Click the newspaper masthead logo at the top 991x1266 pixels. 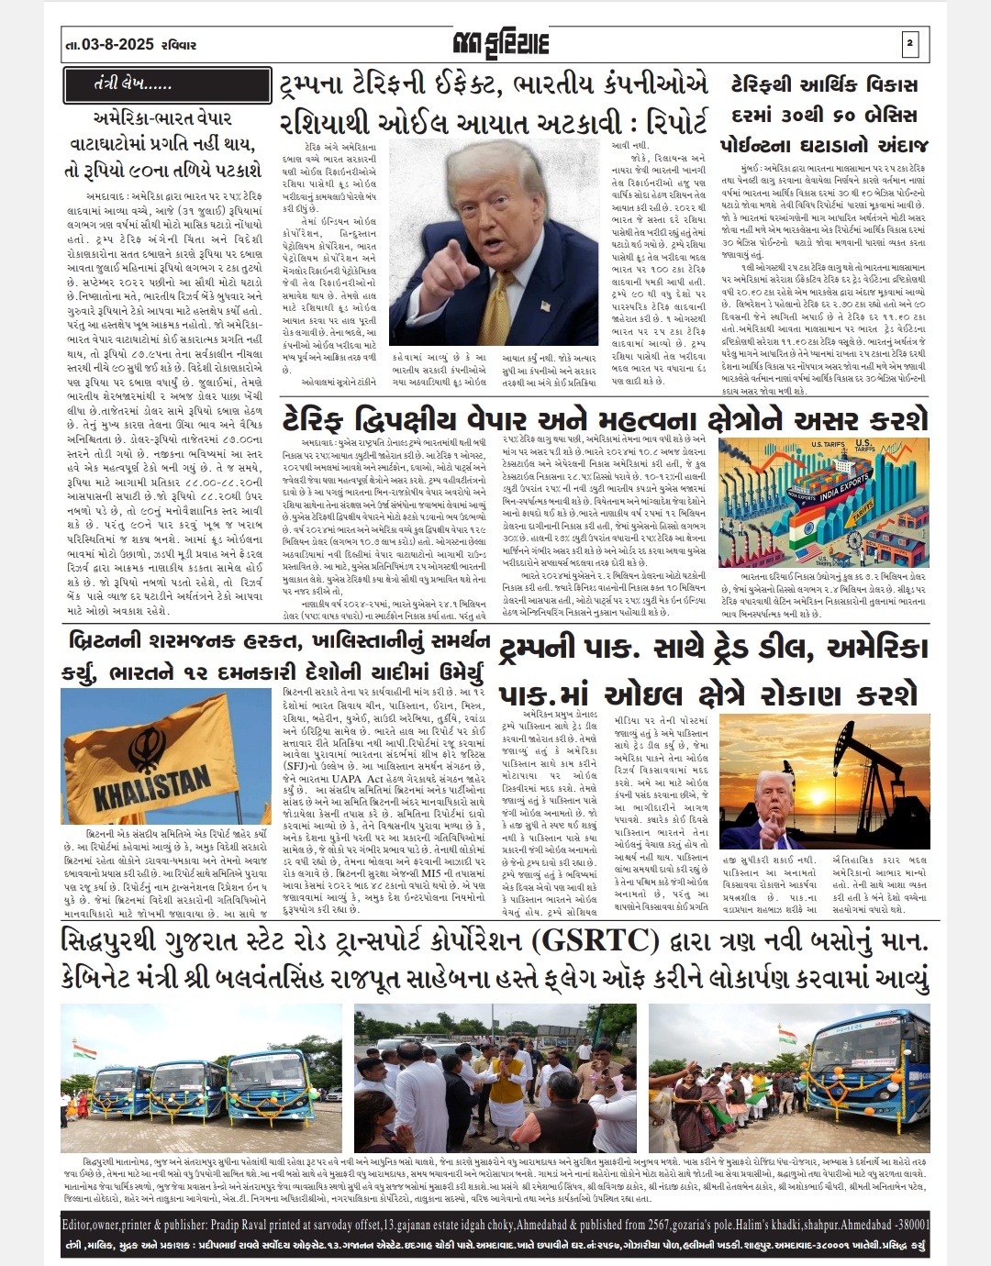click(x=496, y=42)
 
